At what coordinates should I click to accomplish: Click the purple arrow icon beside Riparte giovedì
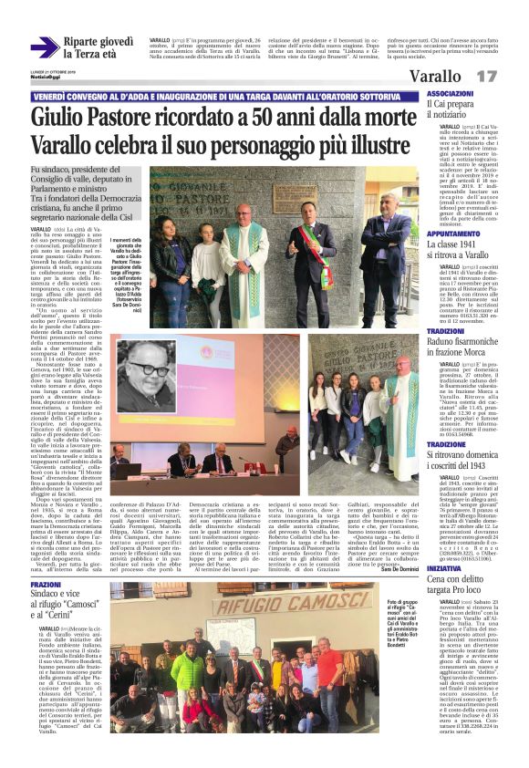pyautogui.click(x=45, y=48)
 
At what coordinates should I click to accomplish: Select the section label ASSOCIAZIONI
pyautogui.click(x=450, y=94)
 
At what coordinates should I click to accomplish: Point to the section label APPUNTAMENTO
pyautogui.click(x=453, y=234)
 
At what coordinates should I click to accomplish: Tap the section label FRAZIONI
pyautogui.click(x=46, y=585)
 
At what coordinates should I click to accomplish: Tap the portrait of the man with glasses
pyautogui.click(x=147, y=377)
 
